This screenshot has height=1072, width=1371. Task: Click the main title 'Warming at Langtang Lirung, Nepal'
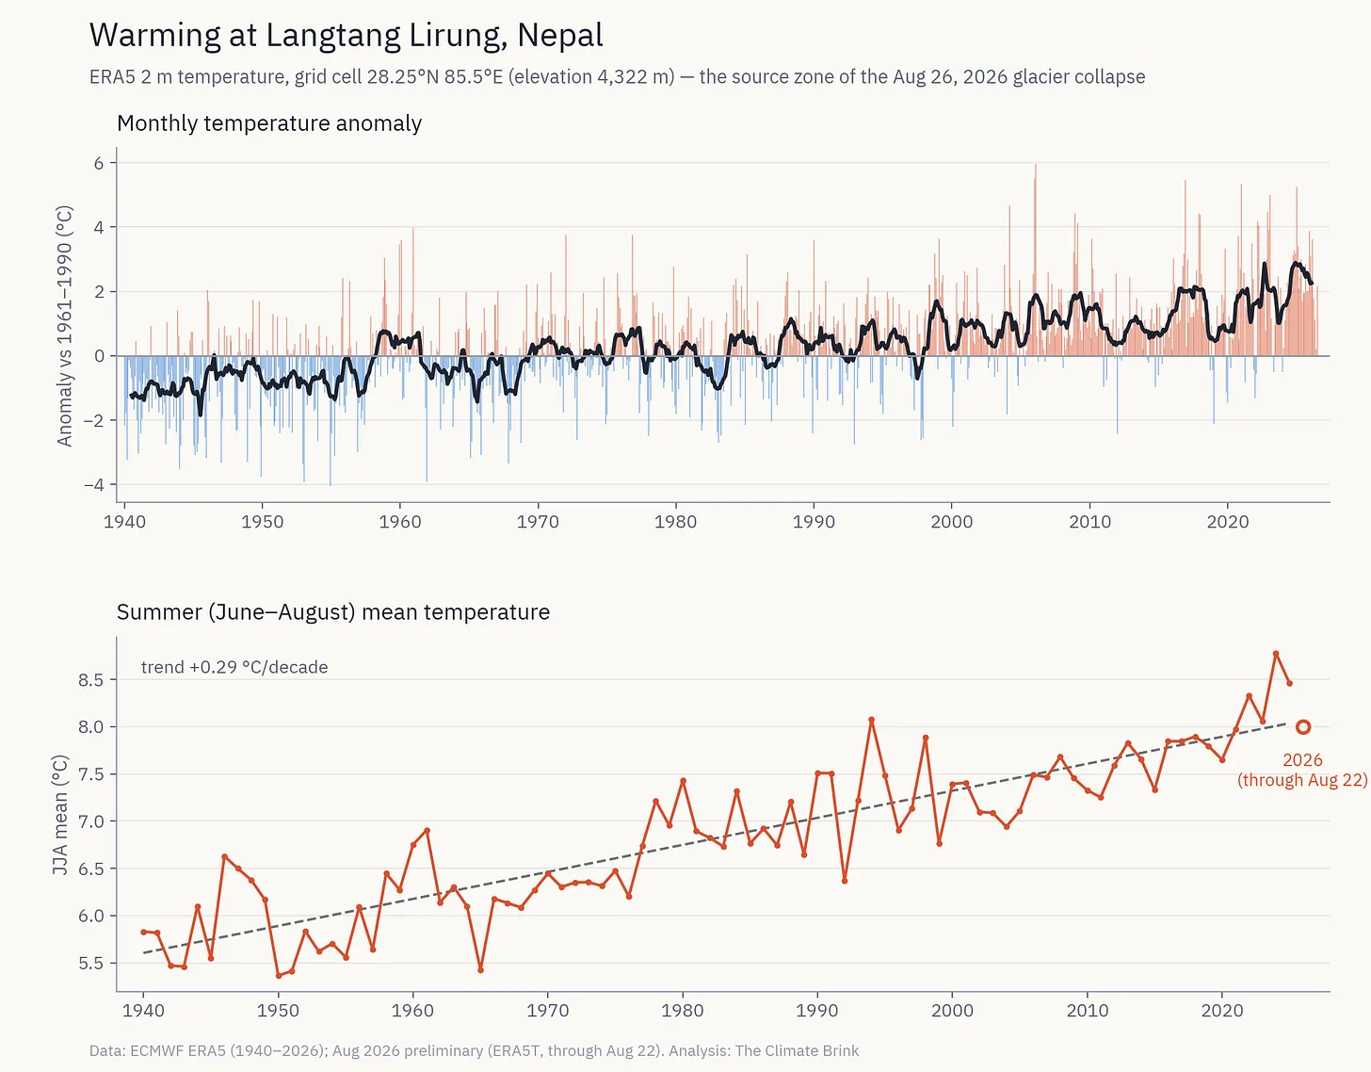coord(346,36)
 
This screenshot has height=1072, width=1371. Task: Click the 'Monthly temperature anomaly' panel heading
coord(268,123)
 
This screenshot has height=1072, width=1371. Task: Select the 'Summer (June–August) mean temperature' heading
coord(333,612)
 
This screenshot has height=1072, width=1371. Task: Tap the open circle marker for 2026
coord(1303,727)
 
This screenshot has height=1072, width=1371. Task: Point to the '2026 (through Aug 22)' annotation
coord(1302,770)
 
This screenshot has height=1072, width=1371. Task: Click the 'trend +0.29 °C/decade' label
coord(234,667)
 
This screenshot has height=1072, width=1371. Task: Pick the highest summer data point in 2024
coord(1276,654)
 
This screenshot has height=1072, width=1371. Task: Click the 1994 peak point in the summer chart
coord(871,720)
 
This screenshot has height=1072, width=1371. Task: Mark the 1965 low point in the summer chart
coord(481,969)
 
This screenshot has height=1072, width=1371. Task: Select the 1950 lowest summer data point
coord(278,976)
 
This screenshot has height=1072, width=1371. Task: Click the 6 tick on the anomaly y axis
coord(99,163)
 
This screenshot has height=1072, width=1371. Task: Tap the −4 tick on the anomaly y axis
coord(94,484)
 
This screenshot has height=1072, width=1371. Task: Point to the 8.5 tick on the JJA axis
coord(90,679)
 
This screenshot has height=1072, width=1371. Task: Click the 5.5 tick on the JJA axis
coord(90,963)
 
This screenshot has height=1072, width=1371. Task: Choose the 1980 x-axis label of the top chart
coord(676,522)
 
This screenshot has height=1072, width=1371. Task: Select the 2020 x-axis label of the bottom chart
coord(1222,1010)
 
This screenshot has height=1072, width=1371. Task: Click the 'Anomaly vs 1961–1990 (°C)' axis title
coord(64,326)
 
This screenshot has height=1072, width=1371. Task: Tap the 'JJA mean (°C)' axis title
coord(60,814)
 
